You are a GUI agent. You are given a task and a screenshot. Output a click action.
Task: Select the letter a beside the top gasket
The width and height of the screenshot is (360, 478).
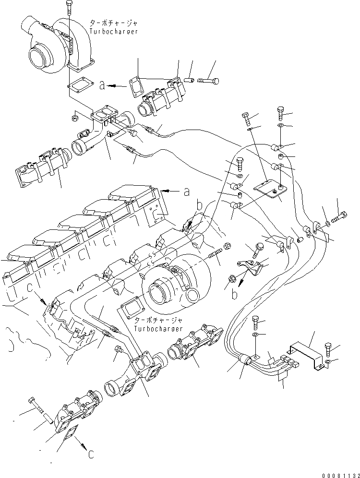102,85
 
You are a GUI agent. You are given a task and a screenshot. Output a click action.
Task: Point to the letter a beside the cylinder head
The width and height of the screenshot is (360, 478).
186,192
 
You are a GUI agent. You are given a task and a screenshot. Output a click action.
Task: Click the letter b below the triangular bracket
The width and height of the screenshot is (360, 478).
235,294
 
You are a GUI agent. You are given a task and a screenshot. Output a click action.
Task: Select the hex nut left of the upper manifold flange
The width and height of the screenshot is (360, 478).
75,117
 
